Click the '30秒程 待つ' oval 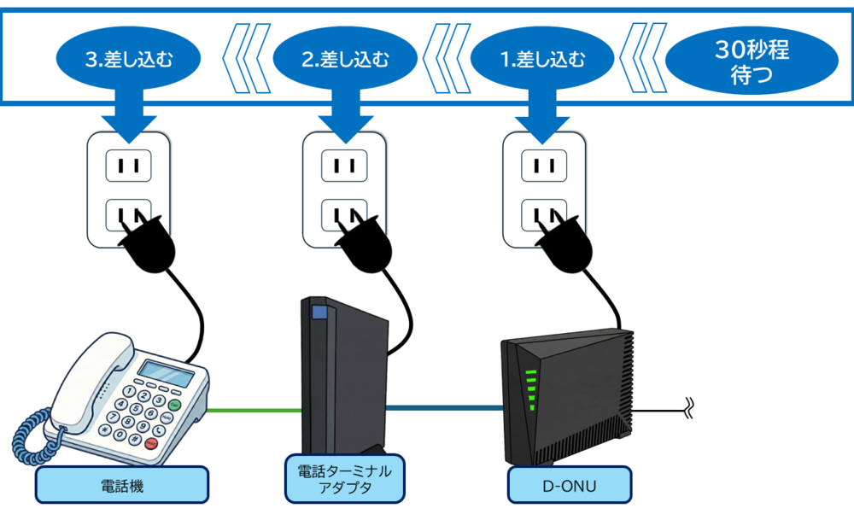752,61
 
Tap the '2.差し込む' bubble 345,60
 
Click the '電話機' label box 122,485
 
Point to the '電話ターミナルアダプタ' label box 344,479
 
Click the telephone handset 85,376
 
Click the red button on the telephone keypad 151,443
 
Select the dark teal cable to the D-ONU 444,408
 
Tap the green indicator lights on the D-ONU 530,389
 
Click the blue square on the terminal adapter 319,312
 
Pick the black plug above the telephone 149,248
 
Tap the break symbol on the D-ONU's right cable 689,408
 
